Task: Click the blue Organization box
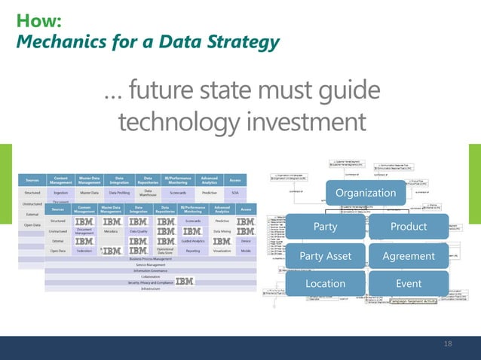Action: tap(366, 194)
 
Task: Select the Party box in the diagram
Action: tap(326, 227)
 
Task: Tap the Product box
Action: tap(409, 227)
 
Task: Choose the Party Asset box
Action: tap(326, 256)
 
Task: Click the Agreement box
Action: tap(409, 256)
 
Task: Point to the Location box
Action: tap(326, 284)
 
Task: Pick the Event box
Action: tap(409, 284)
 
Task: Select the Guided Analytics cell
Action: tap(194, 241)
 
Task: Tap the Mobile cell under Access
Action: tap(246, 250)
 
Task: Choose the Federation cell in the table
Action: tap(84, 250)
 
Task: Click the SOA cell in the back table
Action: tap(235, 193)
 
